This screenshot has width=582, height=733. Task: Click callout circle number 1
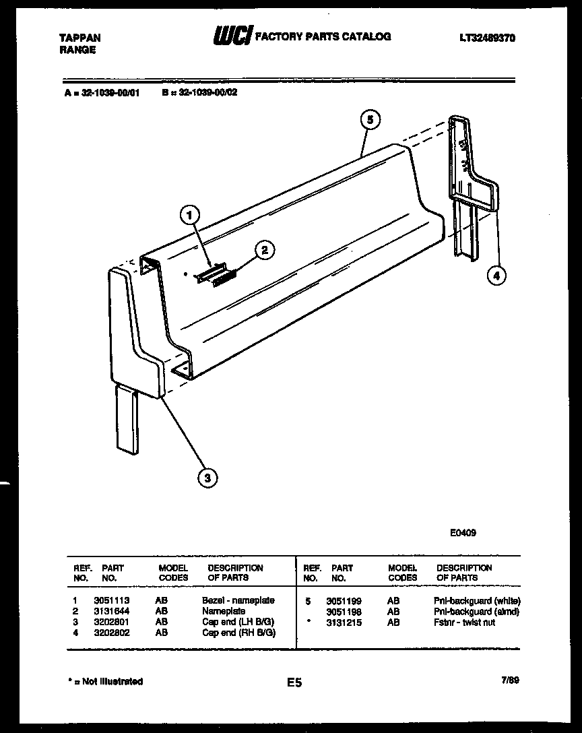(x=191, y=216)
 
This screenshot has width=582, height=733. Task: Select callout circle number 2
(x=265, y=250)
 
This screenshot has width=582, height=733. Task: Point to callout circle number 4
(x=496, y=274)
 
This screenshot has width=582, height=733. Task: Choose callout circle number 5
(x=369, y=120)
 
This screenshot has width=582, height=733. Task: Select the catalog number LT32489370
(x=487, y=38)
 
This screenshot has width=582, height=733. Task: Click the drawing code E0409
(x=463, y=532)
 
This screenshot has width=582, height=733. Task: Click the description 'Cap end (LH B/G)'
(x=238, y=622)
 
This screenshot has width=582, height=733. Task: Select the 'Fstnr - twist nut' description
(x=465, y=623)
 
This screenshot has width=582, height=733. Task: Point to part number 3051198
(x=344, y=612)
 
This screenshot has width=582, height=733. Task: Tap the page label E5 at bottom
(x=294, y=682)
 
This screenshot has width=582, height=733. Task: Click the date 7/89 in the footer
(x=509, y=681)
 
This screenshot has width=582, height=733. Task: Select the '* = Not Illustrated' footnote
(x=106, y=681)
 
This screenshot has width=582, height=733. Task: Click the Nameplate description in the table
(x=223, y=611)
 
